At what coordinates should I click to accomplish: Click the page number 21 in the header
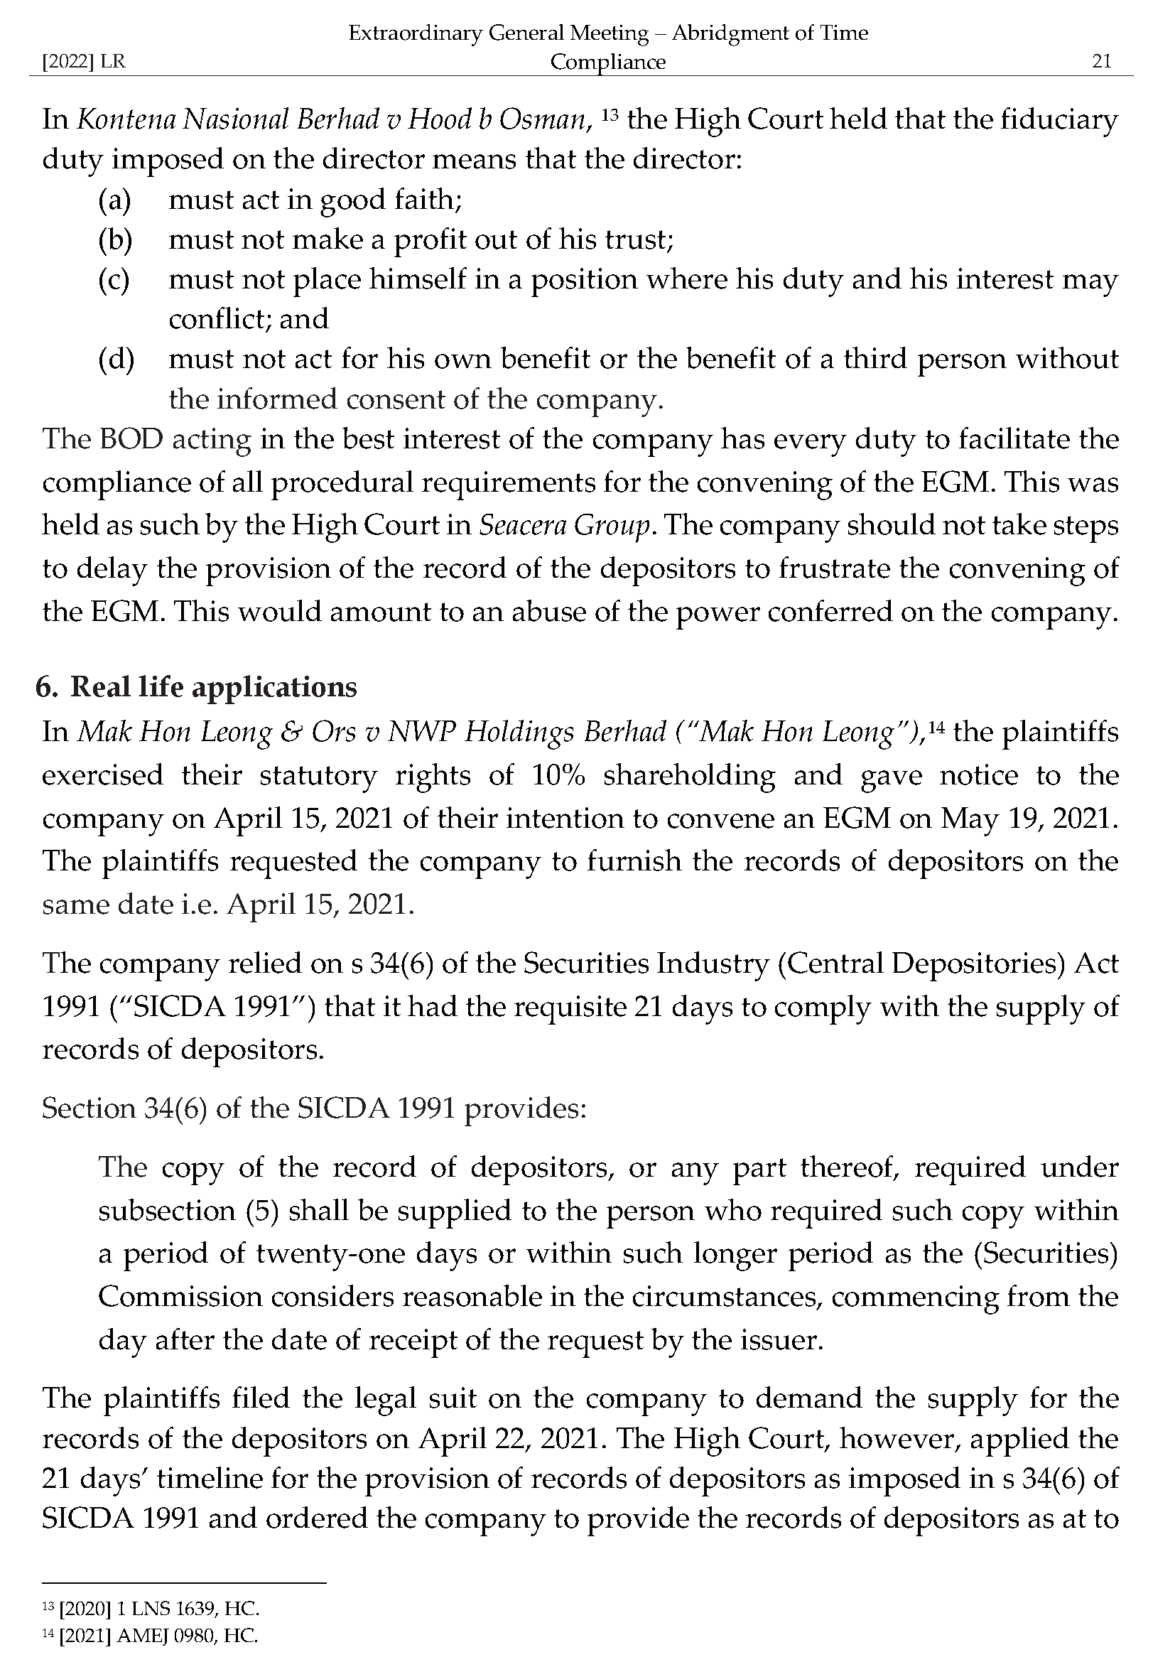[x=1101, y=62]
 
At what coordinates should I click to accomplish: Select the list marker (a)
[x=114, y=200]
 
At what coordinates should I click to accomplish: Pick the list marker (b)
[x=115, y=239]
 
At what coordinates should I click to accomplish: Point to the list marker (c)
[x=114, y=279]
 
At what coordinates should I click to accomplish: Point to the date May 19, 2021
[x=1025, y=818]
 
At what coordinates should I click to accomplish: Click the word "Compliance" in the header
[x=608, y=63]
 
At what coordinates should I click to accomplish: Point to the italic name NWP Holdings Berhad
[x=526, y=732]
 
